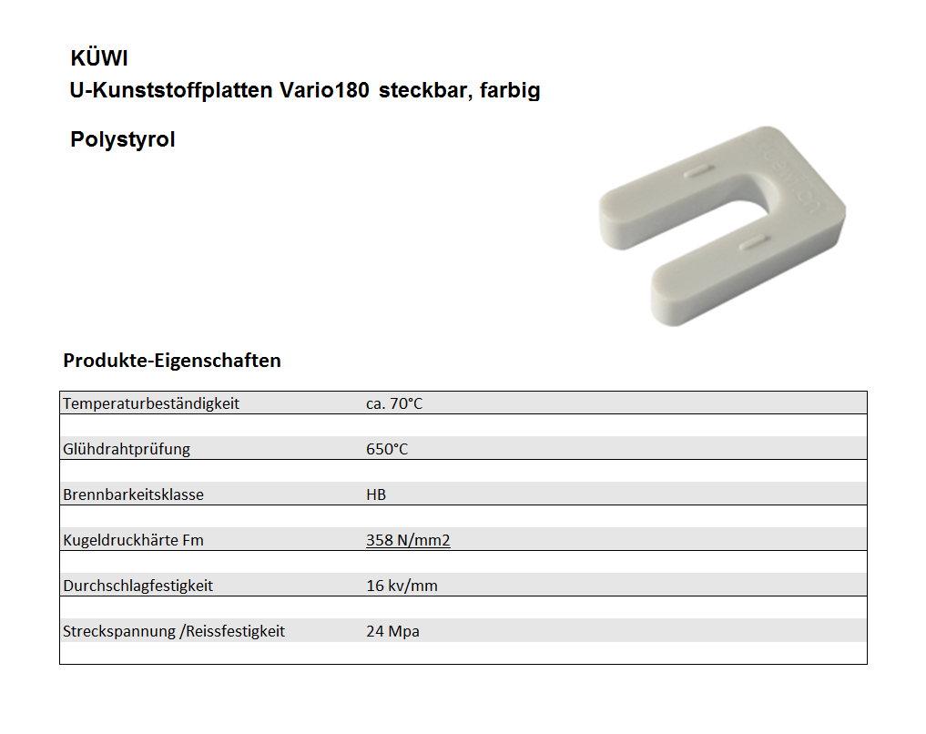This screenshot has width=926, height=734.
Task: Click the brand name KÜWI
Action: click(x=99, y=59)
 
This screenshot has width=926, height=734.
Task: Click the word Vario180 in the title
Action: click(x=324, y=91)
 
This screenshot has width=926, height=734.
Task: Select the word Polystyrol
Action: click(x=123, y=140)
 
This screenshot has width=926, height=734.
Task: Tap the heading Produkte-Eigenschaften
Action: click(x=172, y=361)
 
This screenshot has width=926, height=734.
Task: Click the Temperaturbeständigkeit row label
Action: click(x=151, y=403)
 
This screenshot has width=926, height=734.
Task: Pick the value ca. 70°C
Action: click(x=394, y=403)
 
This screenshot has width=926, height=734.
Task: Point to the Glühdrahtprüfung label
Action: click(x=127, y=449)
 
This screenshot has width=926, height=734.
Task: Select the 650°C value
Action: click(x=387, y=449)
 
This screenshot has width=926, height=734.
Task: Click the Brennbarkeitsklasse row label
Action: click(x=133, y=494)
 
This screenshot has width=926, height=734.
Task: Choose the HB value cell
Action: click(x=376, y=494)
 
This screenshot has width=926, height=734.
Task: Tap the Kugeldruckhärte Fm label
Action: click(x=133, y=540)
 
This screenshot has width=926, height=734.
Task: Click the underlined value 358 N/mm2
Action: click(x=408, y=540)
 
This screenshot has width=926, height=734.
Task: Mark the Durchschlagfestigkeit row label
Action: click(x=138, y=586)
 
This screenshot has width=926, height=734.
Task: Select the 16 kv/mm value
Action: click(x=402, y=586)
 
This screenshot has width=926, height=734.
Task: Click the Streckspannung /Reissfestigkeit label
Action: click(x=174, y=631)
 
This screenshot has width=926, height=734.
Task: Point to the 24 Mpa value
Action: click(x=392, y=631)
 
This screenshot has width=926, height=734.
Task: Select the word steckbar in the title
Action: click(x=421, y=91)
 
